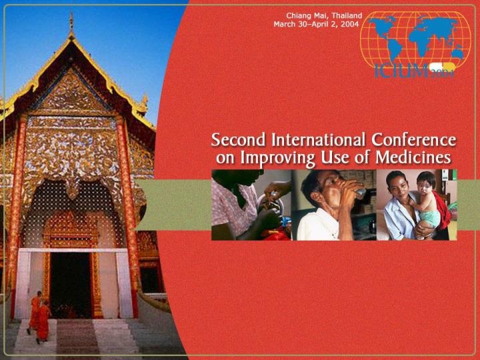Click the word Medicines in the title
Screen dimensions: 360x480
417,158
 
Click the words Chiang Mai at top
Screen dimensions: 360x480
305,15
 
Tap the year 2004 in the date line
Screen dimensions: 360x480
350,24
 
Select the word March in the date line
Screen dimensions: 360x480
286,24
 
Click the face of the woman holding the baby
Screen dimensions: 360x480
399,189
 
